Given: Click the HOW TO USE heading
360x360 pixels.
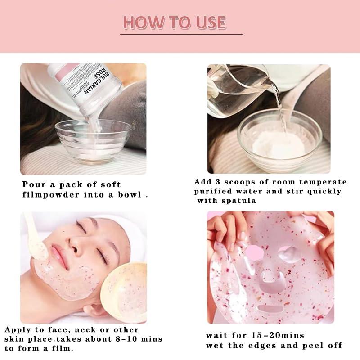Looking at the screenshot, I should pos(175,22).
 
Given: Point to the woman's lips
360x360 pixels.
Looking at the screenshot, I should pos(58,252).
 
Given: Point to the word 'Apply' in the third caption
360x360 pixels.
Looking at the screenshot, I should pos(17,329).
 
